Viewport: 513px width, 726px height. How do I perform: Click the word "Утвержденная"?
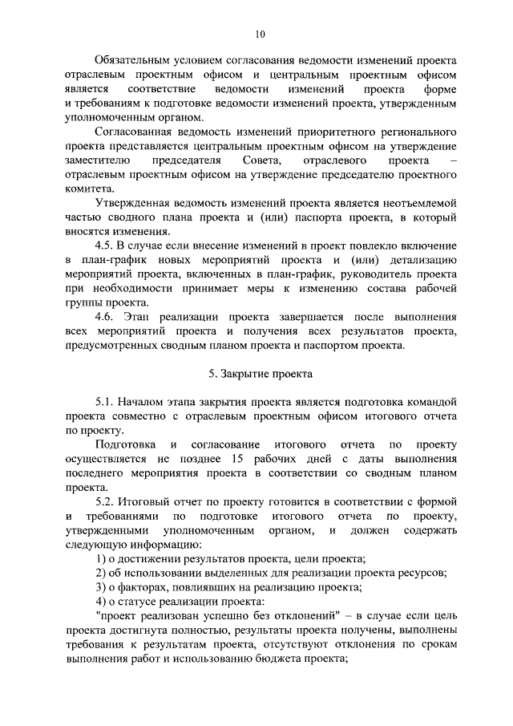(x=132, y=203)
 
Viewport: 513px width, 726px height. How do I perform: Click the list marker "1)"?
(x=100, y=558)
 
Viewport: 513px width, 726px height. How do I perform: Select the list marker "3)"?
(x=100, y=587)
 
